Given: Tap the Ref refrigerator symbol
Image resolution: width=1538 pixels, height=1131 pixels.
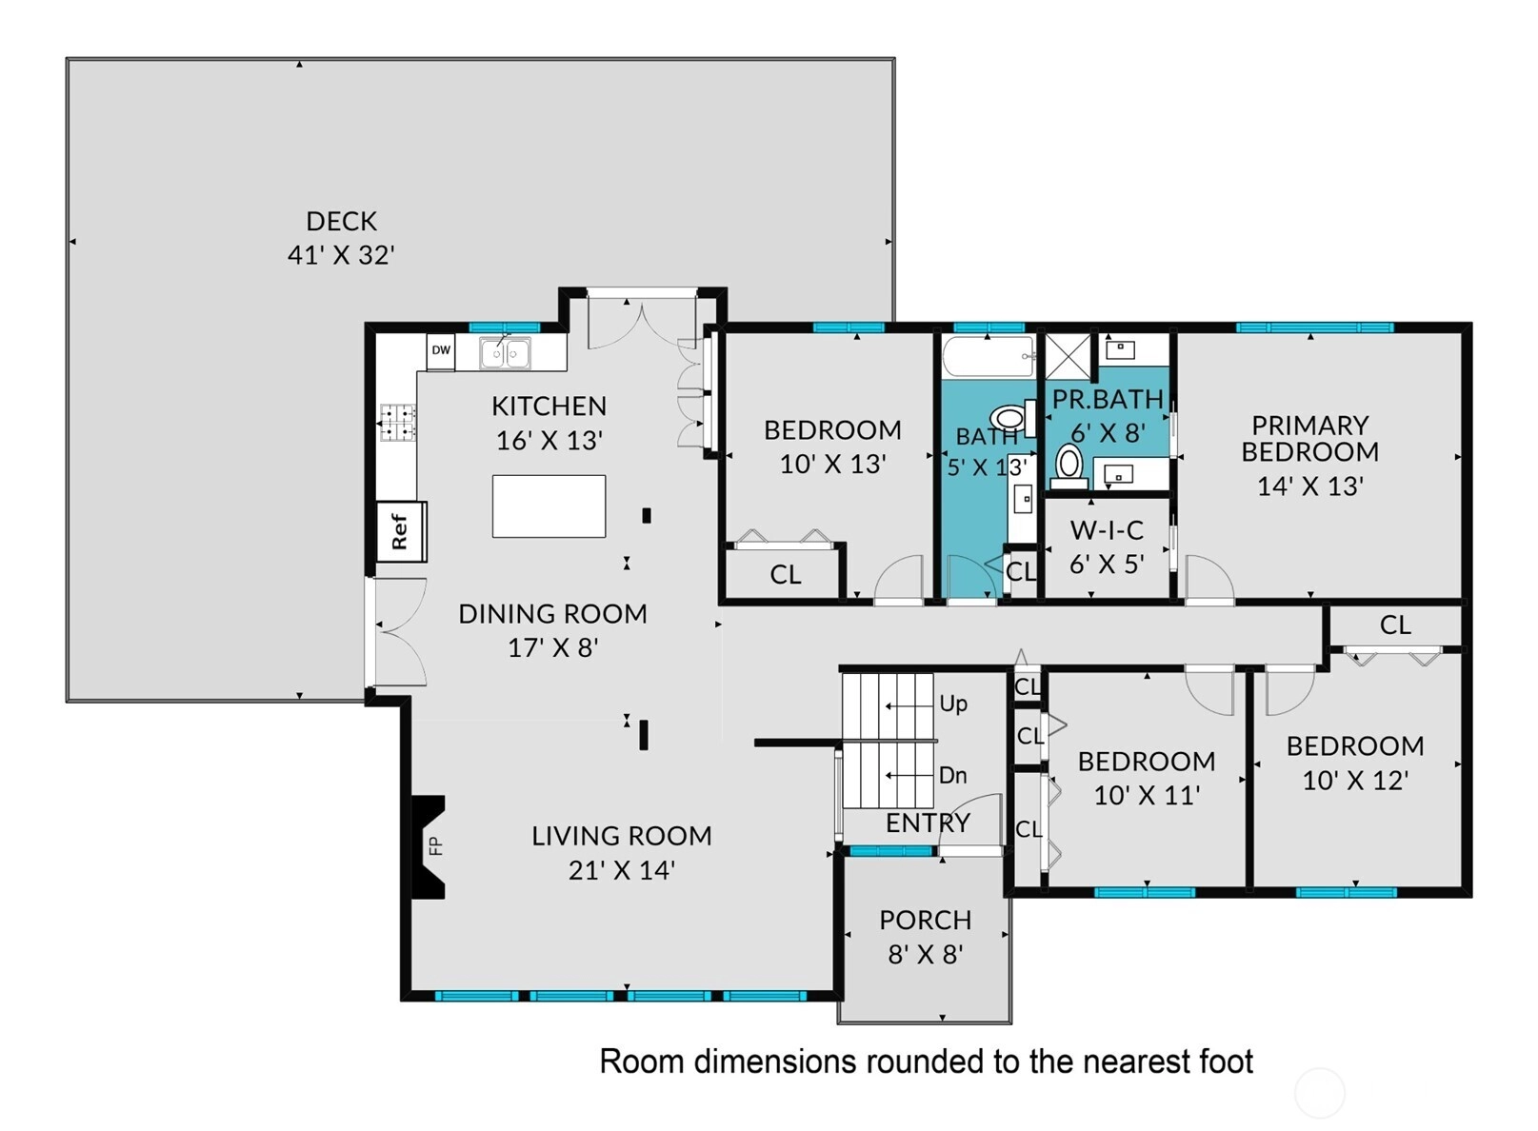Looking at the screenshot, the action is tap(401, 531).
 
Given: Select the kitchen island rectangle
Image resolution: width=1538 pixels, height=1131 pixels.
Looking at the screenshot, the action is tap(549, 506).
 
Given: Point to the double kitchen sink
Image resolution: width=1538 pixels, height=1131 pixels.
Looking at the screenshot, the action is tap(505, 353).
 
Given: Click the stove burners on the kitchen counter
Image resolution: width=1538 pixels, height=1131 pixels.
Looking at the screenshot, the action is tap(398, 422).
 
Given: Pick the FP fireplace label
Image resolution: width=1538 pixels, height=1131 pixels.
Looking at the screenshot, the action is tap(435, 846).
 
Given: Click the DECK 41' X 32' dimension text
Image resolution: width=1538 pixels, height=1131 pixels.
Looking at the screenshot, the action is tap(341, 255).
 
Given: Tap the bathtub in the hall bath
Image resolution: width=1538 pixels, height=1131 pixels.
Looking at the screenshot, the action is tap(989, 356).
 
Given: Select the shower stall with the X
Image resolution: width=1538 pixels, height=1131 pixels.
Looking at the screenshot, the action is tap(1068, 356).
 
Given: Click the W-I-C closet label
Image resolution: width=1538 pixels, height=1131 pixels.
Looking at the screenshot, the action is tap(1107, 530).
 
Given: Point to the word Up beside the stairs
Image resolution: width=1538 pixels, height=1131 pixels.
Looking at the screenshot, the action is tap(953, 704).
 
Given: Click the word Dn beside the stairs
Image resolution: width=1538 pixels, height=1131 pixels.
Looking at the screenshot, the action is tap(953, 776).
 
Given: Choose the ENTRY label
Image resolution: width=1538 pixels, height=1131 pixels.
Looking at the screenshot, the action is tap(928, 823).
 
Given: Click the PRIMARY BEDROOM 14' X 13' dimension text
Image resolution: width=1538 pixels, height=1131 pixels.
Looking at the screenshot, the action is tap(1310, 486).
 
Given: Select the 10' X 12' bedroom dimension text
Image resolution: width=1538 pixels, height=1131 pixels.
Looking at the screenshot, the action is tap(1356, 781).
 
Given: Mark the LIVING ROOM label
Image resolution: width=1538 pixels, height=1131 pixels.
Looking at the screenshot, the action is tap(622, 836).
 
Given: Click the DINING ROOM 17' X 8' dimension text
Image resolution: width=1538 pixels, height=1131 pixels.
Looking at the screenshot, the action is tap(553, 648).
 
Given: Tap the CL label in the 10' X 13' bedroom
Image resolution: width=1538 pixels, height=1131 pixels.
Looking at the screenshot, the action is tap(786, 574).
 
